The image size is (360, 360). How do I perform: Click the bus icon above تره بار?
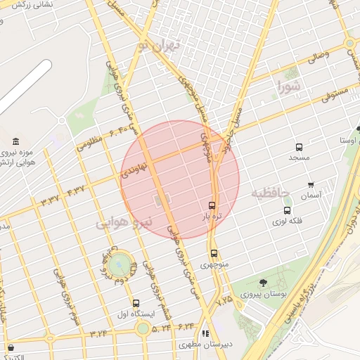point(212,206)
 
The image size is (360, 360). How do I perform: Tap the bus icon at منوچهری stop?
point(214,254)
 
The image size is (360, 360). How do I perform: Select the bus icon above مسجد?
point(299,148)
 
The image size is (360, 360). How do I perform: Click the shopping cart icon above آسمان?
point(311,185)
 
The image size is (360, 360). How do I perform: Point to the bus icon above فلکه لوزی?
point(287,210)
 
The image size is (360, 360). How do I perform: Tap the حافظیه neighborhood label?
point(271,193)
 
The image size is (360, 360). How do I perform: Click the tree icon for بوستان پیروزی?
point(263,283)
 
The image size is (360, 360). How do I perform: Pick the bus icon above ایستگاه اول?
point(136,303)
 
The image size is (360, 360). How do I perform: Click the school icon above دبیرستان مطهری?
point(205,334)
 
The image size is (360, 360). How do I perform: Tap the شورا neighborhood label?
point(288,88)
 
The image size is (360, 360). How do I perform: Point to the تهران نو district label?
point(159,47)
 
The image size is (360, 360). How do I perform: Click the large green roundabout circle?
point(120,264)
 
